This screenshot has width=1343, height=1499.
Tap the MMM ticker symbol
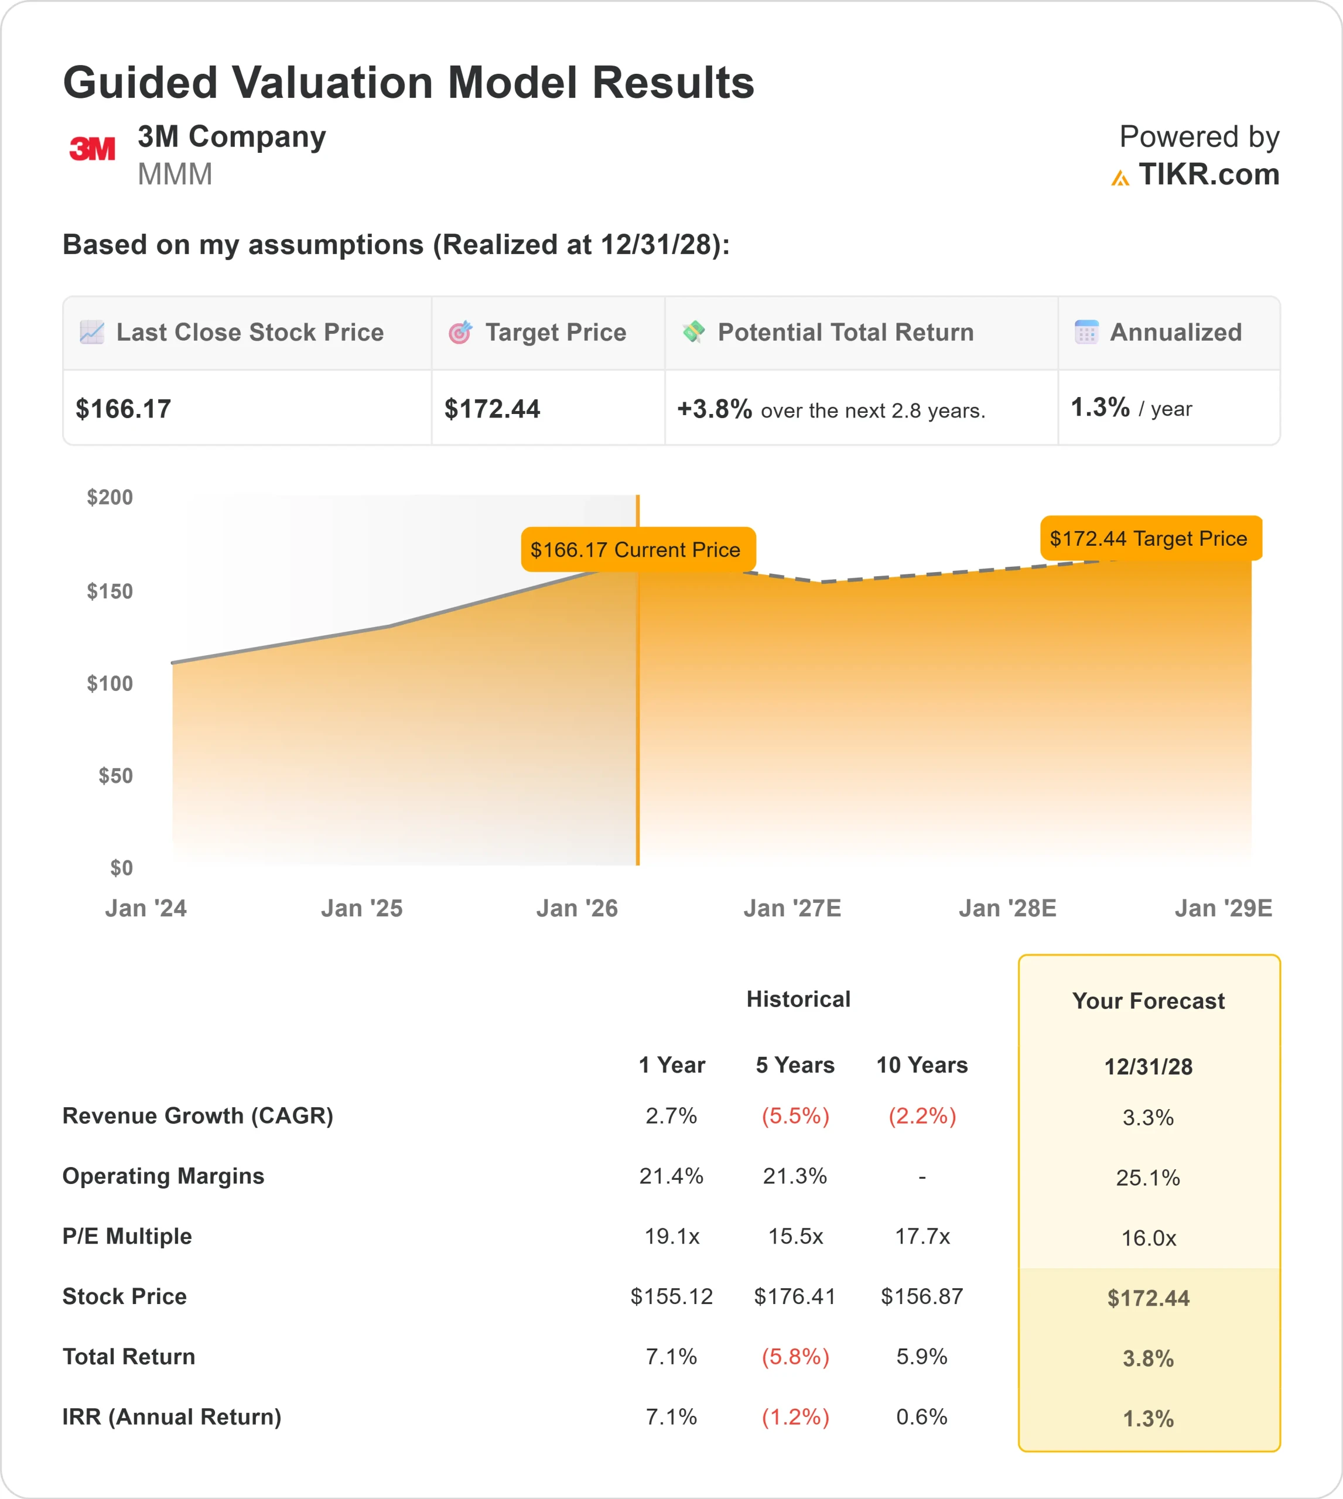175,175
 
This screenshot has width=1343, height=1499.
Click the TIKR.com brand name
1208,175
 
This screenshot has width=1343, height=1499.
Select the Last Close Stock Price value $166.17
123,409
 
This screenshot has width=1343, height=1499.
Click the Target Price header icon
460,333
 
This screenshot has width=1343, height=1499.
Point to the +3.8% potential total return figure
713,409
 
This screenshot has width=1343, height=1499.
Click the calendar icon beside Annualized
1086,333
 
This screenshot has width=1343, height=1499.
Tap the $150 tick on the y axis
110,591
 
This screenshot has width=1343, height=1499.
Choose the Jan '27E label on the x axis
792,908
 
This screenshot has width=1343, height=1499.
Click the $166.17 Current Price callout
635,550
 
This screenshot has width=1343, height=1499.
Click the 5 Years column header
795,1065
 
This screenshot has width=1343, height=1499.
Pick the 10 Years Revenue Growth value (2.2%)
922,1115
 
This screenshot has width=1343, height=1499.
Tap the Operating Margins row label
163,1176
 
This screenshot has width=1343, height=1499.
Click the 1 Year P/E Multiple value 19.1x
671,1236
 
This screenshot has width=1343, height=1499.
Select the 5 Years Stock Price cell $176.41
795,1296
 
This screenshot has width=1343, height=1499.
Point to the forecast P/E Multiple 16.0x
1148,1238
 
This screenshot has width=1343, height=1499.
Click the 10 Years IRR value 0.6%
922,1416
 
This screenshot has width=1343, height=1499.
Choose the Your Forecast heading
1148,1001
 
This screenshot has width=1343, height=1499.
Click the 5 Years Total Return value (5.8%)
795,1357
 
